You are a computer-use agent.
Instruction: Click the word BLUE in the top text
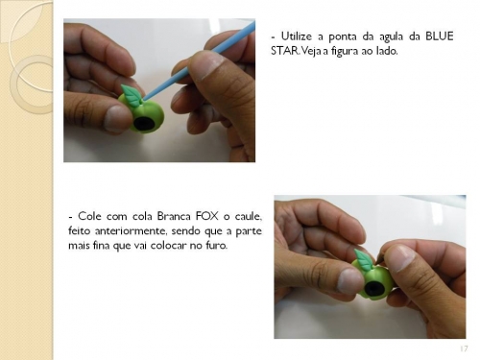coord(439,36)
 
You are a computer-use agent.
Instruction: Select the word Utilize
coord(296,36)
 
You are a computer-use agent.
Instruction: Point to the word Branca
coord(174,216)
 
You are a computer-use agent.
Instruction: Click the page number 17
coord(464,348)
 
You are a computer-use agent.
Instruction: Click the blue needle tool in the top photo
coord(200,59)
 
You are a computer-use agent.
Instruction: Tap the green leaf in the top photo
coord(131,94)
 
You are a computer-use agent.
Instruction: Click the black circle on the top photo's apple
coord(143,124)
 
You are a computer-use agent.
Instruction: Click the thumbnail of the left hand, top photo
coord(117,118)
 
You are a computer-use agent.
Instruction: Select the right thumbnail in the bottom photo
coord(398,258)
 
